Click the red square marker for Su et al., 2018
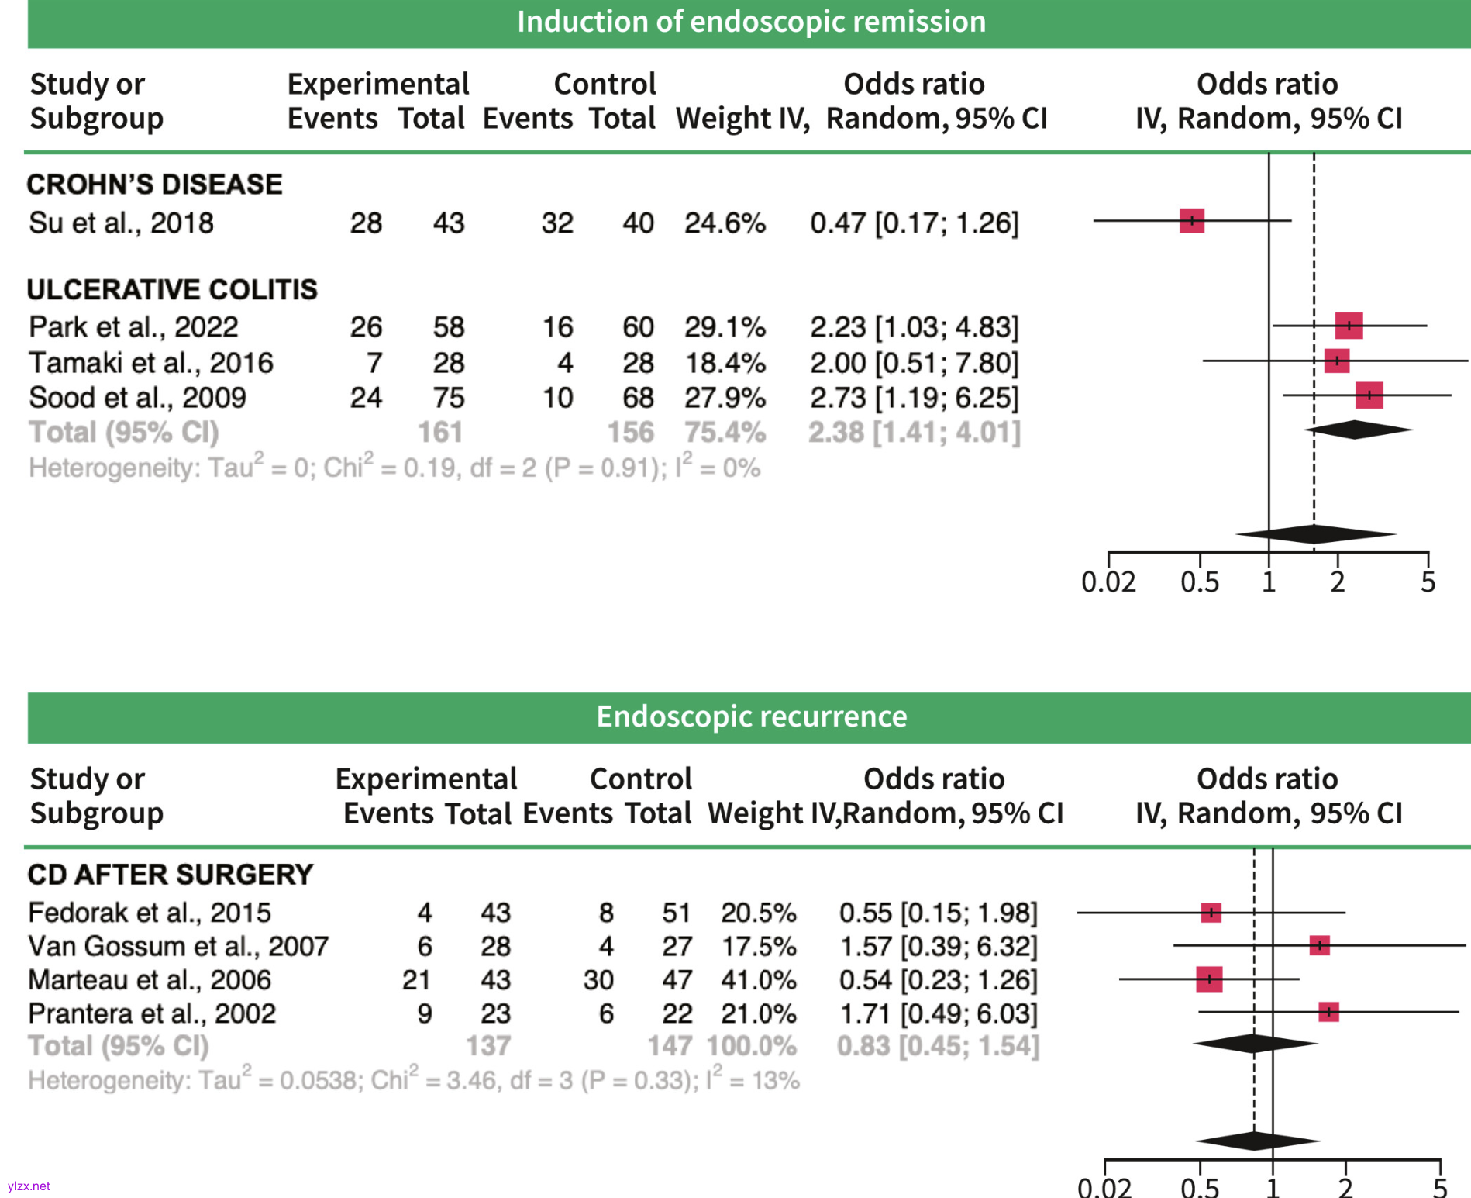1191,221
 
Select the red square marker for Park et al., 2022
1349,326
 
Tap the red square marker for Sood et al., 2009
1369,395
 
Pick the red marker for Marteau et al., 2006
1209,979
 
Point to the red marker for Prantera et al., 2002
1328,1012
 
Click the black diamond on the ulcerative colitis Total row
1356,430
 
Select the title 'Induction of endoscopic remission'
750,22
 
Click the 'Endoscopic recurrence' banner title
750,716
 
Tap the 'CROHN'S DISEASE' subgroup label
154,185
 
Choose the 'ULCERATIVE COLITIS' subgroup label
172,290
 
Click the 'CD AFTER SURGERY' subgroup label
170,875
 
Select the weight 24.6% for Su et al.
725,223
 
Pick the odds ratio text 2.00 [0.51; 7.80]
914,363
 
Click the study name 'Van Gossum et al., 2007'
178,947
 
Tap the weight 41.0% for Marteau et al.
758,980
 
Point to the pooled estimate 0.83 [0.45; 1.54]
937,1046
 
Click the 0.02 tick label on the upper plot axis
1108,582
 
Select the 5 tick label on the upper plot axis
1428,582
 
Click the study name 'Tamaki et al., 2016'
151,363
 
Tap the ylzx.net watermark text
29,1186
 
